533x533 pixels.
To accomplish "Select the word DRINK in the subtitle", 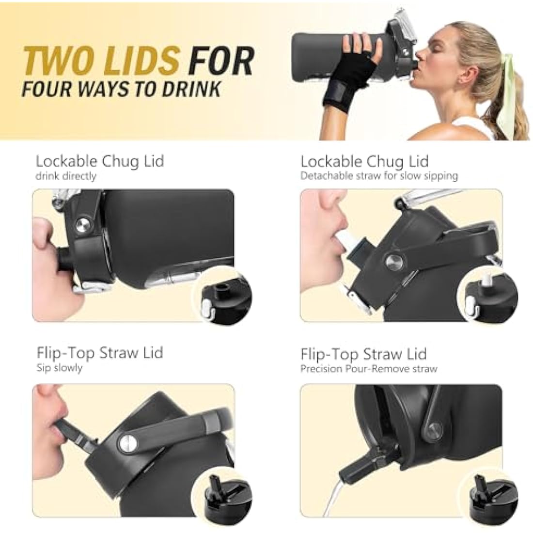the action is click(191, 89).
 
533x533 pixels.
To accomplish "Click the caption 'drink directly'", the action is click(66, 176).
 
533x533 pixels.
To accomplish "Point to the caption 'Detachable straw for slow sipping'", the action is click(379, 176).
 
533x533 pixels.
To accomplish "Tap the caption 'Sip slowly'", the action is click(60, 368).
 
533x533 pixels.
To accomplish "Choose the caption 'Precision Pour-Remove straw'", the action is click(369, 369).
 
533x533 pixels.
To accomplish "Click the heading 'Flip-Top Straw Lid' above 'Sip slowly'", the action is click(100, 353).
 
